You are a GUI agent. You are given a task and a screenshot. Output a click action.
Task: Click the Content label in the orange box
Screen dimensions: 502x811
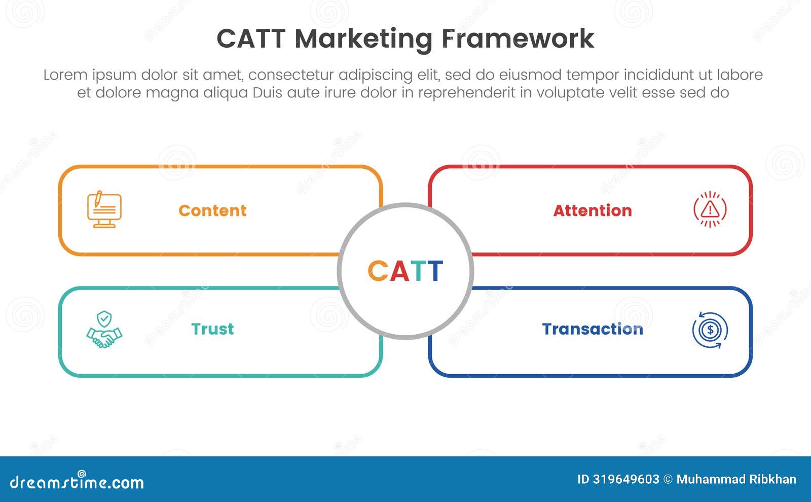[212, 210]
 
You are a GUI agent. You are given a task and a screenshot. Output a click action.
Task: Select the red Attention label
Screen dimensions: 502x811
[593, 210]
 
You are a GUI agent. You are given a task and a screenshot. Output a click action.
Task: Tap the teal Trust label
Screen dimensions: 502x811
[212, 329]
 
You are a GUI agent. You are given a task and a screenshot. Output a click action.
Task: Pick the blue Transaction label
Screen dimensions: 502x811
[593, 329]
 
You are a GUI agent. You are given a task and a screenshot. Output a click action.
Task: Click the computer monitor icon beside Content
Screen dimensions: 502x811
[104, 209]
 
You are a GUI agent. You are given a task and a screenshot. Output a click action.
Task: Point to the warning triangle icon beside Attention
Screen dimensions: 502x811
[710, 209]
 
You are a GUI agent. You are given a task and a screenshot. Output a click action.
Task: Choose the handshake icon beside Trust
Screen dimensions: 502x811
[104, 330]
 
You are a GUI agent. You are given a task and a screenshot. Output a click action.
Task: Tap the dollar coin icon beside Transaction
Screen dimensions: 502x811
[710, 330]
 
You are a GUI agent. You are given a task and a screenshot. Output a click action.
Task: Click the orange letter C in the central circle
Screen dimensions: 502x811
[378, 271]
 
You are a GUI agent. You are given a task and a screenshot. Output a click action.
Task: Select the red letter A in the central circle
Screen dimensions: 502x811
[400, 271]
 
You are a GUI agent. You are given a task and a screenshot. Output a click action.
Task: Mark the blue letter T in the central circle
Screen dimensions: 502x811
[434, 271]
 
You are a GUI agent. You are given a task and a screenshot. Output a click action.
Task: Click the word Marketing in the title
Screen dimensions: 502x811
[363, 39]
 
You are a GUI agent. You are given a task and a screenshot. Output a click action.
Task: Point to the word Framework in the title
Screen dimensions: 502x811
[518, 39]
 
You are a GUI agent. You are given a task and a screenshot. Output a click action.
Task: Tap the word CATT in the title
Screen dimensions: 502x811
[251, 39]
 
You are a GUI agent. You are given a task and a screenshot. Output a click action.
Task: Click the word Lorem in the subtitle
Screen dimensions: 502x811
[65, 75]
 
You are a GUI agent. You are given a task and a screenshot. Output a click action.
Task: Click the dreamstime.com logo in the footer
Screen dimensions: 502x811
[77, 482]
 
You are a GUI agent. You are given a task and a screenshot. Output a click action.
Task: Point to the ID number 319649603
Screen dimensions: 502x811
[625, 479]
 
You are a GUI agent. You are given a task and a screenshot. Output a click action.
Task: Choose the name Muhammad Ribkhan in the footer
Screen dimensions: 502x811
[736, 479]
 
